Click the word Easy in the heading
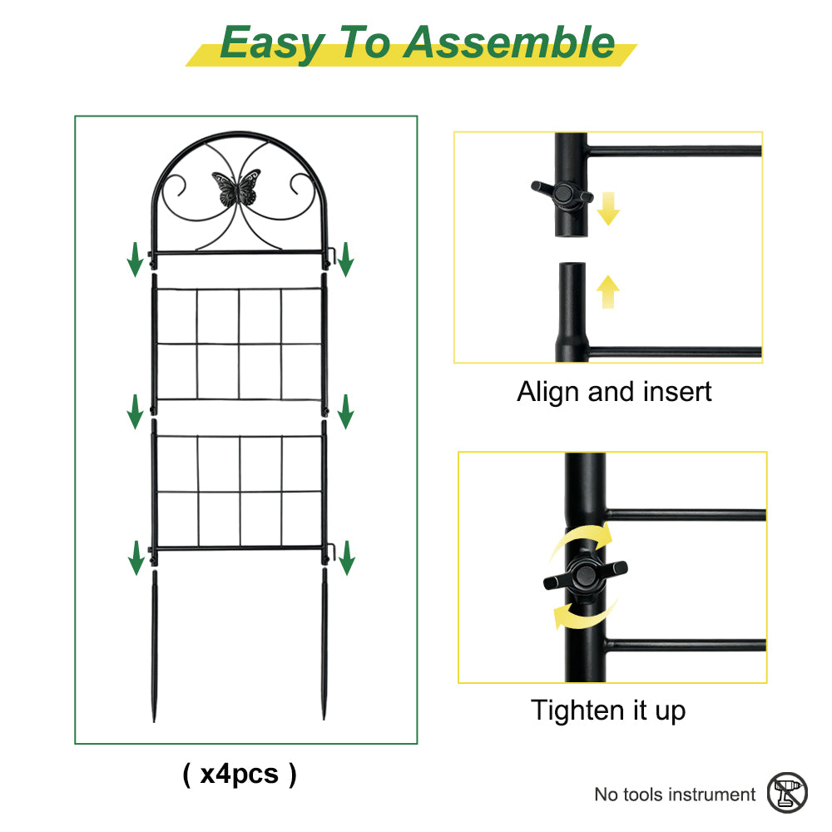pos(272,43)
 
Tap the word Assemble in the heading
pos(509,42)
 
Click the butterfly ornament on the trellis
pos(236,187)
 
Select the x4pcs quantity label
pos(240,774)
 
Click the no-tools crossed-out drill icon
pos(787,793)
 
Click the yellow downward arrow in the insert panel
pos(608,209)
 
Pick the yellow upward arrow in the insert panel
pos(608,292)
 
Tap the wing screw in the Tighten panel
pos(585,575)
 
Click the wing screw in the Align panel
pos(562,194)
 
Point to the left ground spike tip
pos(154,721)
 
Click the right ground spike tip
pos(324,718)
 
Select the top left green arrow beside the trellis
pos(135,260)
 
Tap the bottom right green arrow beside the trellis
pos(346,557)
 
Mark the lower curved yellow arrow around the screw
pos(584,616)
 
